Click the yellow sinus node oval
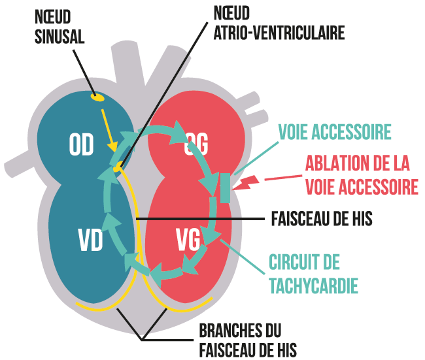(98, 98)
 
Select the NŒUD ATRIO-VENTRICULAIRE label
(279, 22)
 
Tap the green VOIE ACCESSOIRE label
(335, 132)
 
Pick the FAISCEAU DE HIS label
(321, 218)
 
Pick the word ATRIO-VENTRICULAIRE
(279, 32)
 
